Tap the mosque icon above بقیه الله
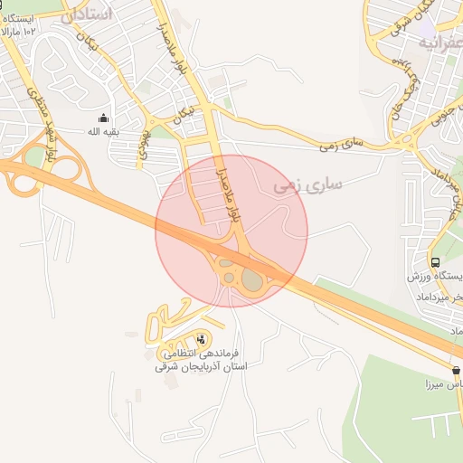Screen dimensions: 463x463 [x=103, y=118]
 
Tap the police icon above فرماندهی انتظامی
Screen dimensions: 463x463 [x=200, y=339]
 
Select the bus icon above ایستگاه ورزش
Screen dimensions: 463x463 [x=436, y=260]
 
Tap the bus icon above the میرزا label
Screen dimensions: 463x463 [x=457, y=370]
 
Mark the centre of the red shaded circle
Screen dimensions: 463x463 [x=231, y=231]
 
